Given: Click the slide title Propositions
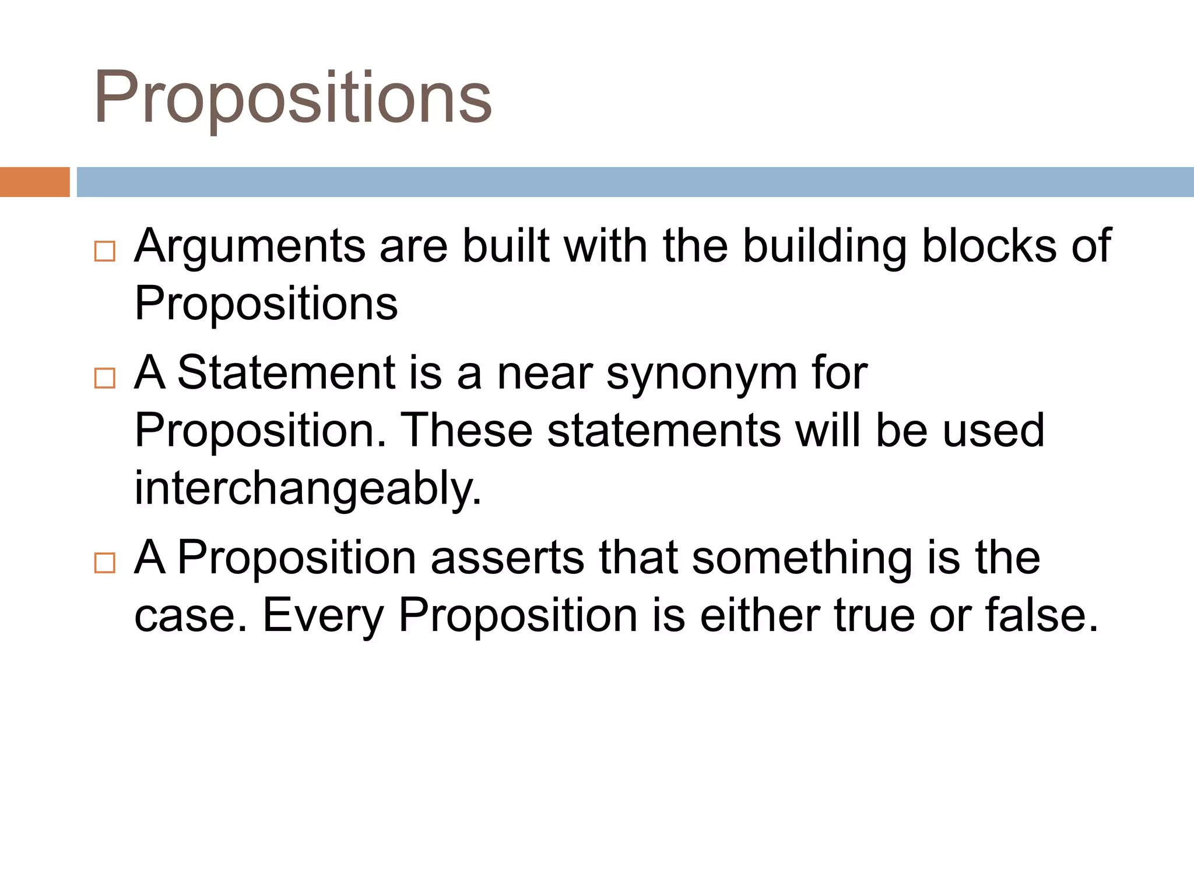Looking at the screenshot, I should tap(293, 98).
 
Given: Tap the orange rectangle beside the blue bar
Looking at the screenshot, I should tap(34, 182).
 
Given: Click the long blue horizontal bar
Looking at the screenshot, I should tap(634, 182).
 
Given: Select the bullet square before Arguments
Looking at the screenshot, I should tap(105, 252).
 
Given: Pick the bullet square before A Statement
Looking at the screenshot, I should tap(105, 378).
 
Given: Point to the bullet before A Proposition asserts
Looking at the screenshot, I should tap(105, 563).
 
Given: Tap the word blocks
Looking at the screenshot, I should tap(989, 246).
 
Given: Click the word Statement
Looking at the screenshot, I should tap(286, 373).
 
